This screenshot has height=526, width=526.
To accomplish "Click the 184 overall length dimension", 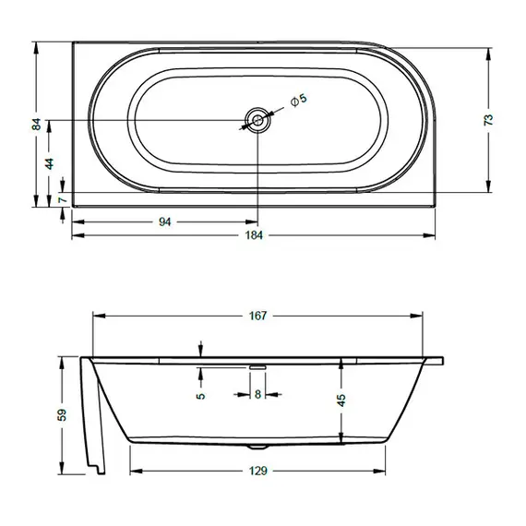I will click(x=255, y=235).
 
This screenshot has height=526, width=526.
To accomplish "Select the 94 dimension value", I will click(x=166, y=221).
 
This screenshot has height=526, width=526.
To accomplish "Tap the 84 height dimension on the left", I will click(x=37, y=124).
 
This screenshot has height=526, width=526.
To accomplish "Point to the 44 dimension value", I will click(x=50, y=162).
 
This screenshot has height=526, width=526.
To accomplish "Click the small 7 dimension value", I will click(x=61, y=199).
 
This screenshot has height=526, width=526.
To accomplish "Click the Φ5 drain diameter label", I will click(x=298, y=100).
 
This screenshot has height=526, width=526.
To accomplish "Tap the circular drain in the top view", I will click(x=258, y=120).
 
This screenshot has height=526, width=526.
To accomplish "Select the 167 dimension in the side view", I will click(x=257, y=317).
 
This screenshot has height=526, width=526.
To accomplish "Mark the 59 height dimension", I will click(x=62, y=415).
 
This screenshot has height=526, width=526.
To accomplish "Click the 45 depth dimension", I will click(x=341, y=400).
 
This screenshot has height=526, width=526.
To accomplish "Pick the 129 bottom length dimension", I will click(x=258, y=471).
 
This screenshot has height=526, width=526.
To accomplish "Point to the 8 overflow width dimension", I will click(x=257, y=395).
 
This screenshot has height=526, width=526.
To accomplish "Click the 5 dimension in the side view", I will click(x=200, y=396).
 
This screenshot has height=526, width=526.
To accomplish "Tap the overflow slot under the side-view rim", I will click(x=257, y=365).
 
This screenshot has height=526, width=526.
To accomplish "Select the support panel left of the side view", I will click(x=93, y=415).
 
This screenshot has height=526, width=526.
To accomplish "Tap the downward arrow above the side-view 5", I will click(x=200, y=349).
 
